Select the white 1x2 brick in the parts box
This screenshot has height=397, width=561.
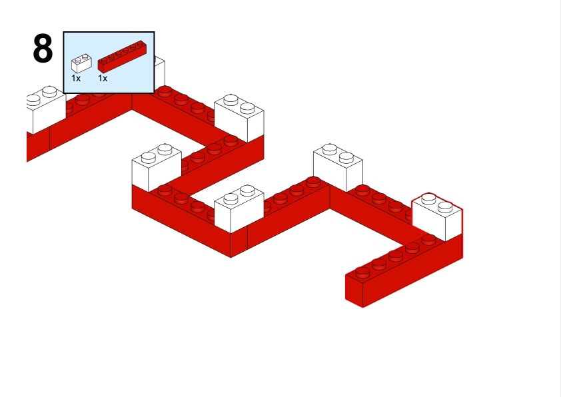[x=81, y=63]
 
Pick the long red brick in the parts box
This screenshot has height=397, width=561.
[x=122, y=57]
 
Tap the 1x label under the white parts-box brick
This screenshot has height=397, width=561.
[x=76, y=79]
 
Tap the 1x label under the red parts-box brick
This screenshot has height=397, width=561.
[x=103, y=79]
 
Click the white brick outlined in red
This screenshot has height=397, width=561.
[x=437, y=216]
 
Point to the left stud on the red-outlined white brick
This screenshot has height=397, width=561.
[x=428, y=198]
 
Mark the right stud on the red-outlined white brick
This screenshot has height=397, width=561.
[x=445, y=207]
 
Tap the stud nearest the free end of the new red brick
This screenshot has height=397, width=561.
[x=362, y=272]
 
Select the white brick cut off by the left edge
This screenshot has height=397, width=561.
[x=46, y=109]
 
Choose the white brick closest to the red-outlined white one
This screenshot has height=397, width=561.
[x=338, y=167]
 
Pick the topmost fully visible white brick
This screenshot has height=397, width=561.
[x=239, y=118]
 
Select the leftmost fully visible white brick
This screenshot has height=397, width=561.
[x=157, y=167]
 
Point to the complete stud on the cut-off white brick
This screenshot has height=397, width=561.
[x=49, y=92]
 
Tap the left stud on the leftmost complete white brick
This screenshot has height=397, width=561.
[x=149, y=158]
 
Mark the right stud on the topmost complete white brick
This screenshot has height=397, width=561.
[x=247, y=108]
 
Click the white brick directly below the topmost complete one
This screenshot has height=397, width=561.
[x=239, y=208]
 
